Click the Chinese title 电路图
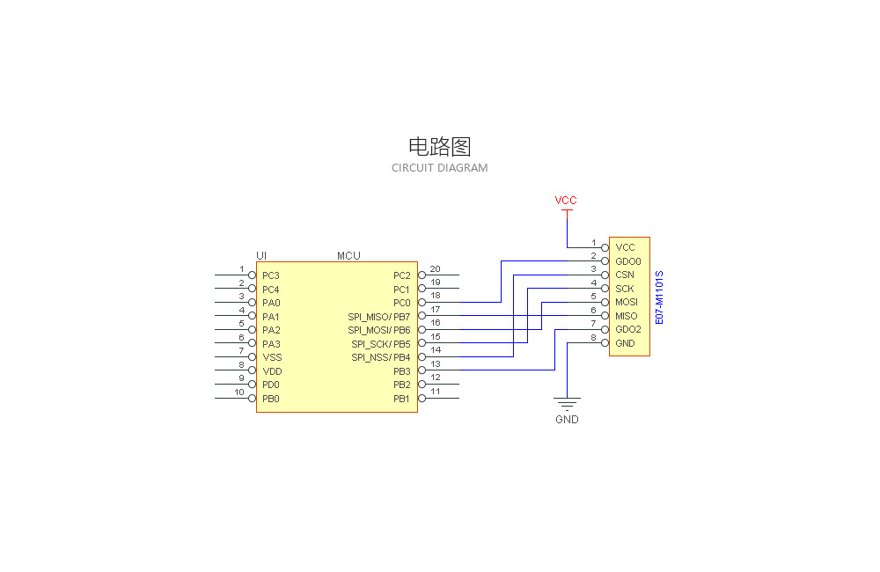[439, 146]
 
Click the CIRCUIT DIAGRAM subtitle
[439, 168]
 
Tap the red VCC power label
[566, 201]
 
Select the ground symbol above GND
[567, 404]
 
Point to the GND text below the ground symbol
[567, 420]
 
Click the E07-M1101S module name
[659, 297]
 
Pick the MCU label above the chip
[348, 256]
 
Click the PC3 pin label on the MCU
[271, 275]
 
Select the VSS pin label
[272, 357]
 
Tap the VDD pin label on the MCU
[272, 371]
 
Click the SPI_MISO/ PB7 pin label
[378, 317]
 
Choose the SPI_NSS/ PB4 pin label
[380, 357]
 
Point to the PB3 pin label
[401, 371]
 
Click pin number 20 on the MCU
[435, 268]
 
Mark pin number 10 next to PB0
[238, 392]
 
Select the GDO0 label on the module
[628, 261]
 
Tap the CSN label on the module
[625, 275]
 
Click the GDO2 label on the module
[628, 330]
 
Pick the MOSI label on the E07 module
[627, 303]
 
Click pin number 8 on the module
[593, 337]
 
